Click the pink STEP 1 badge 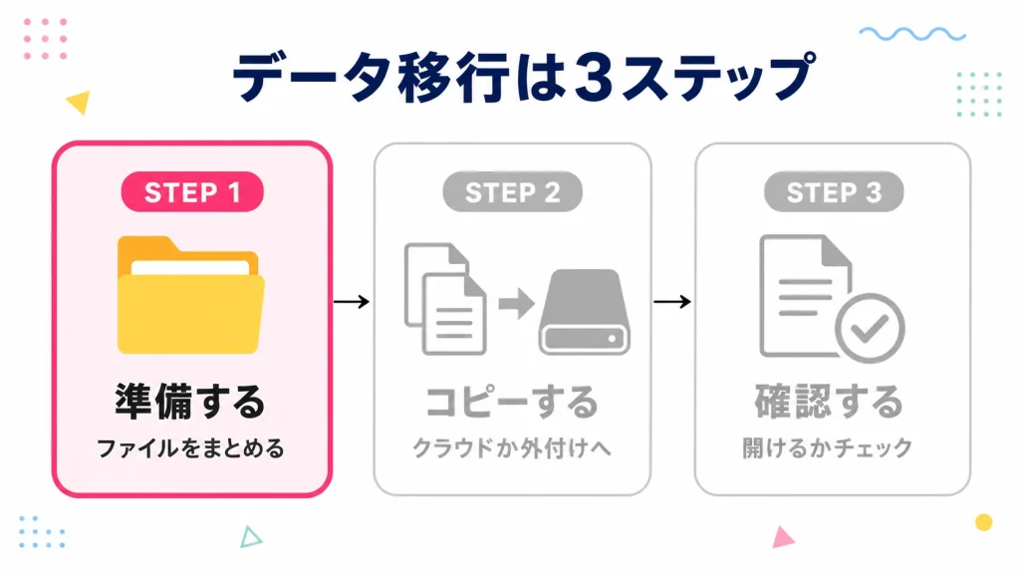click(192, 192)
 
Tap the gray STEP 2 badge click(513, 192)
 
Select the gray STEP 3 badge click(834, 192)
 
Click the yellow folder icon click(191, 295)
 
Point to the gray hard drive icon click(584, 312)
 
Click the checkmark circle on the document click(870, 328)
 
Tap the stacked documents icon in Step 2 click(445, 299)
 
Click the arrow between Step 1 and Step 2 click(352, 301)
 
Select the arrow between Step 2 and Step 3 click(672, 301)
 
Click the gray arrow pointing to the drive click(516, 303)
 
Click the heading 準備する click(190, 401)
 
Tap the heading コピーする click(512, 401)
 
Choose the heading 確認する click(829, 401)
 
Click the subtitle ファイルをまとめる click(190, 448)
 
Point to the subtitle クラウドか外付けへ click(512, 448)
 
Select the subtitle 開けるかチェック click(828, 447)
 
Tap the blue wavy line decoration click(912, 34)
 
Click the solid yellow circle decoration click(983, 522)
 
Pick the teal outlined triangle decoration click(250, 537)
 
